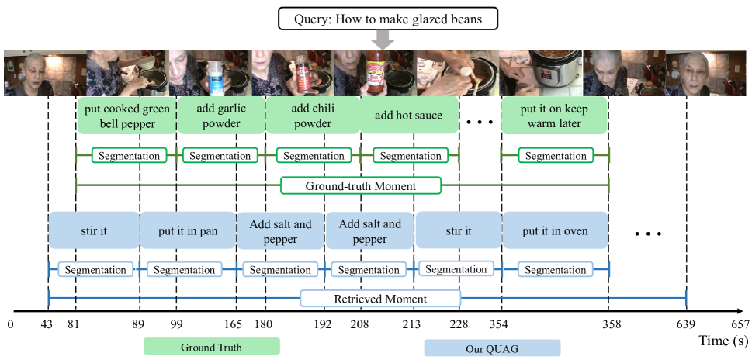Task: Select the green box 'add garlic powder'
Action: click(221, 116)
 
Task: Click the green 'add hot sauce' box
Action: click(408, 116)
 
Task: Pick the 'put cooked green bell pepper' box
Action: click(127, 116)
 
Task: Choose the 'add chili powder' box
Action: click(312, 116)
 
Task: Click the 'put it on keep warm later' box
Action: click(554, 116)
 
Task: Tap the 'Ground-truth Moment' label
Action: click(361, 186)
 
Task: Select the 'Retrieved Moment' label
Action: click(380, 299)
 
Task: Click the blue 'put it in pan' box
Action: click(188, 230)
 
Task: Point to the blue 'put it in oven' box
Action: click(555, 230)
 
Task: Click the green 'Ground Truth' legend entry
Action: click(211, 347)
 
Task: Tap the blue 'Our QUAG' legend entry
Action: click(492, 348)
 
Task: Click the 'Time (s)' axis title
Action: click(724, 341)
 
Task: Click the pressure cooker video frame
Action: click(541, 74)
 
